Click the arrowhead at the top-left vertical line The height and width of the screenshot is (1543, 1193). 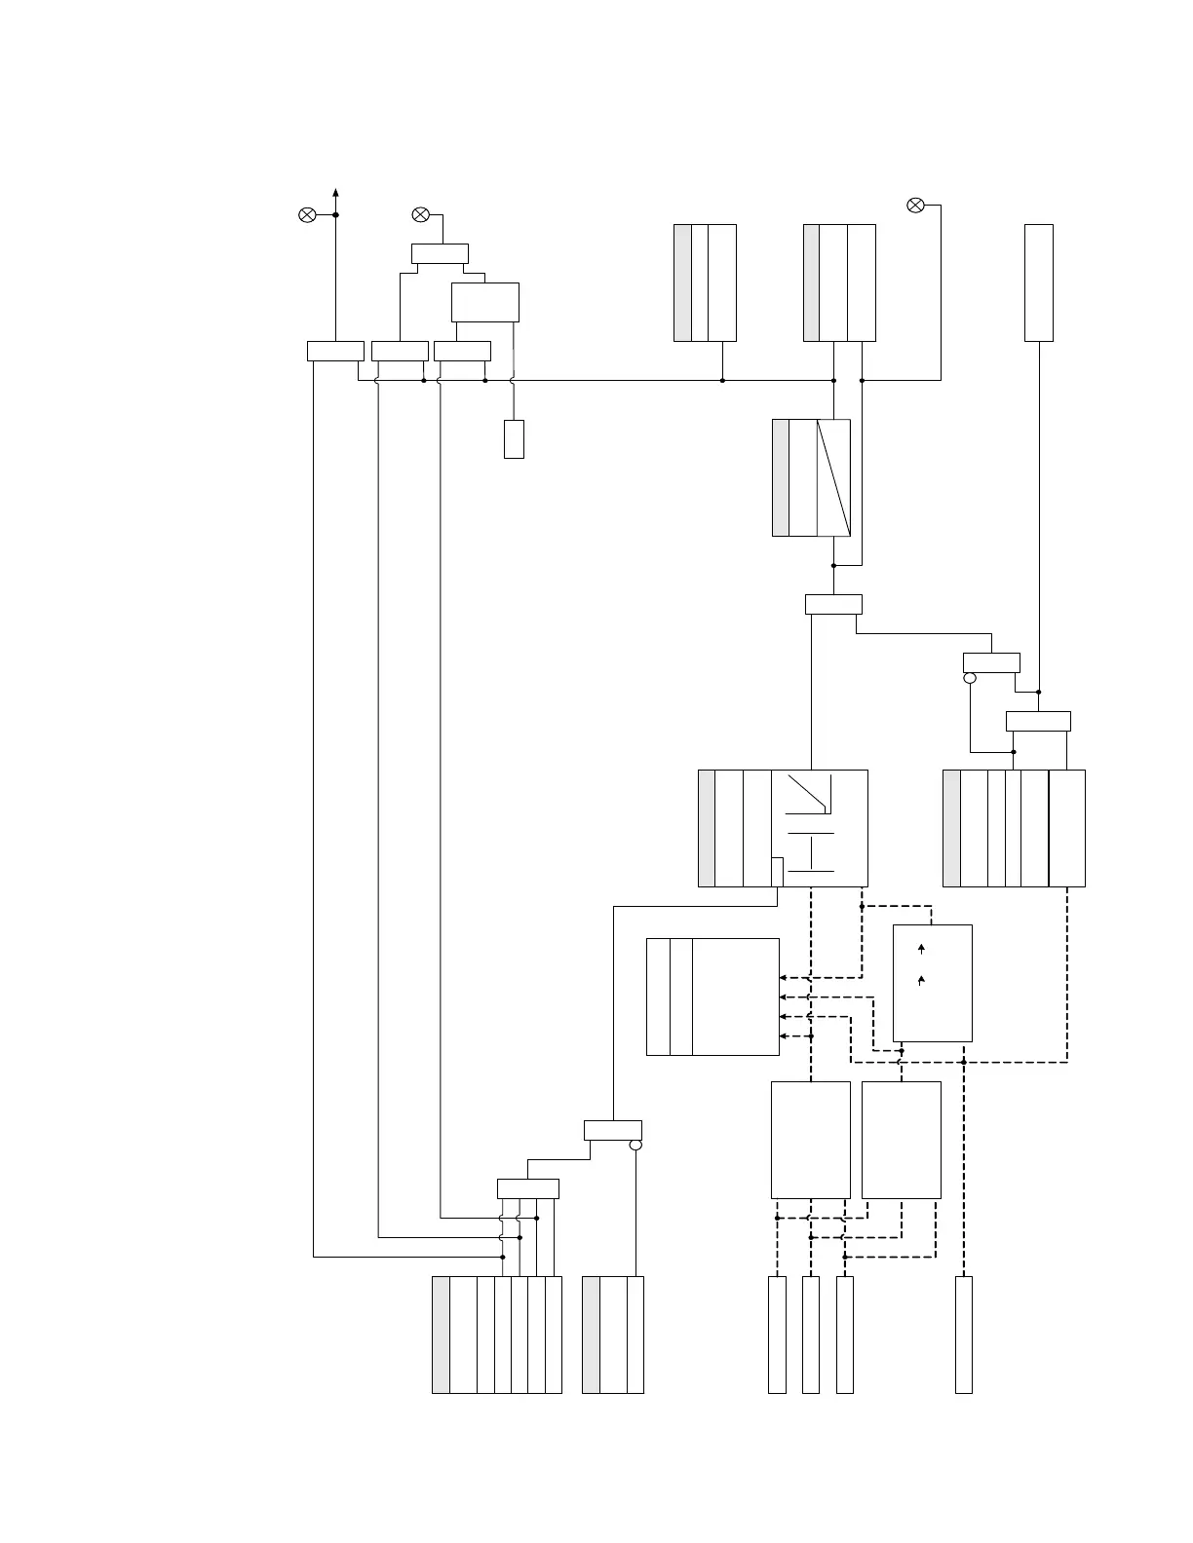[335, 192]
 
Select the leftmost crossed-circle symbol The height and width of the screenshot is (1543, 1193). [306, 214]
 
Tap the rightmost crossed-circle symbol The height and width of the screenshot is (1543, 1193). [915, 205]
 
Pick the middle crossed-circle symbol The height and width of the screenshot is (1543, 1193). [420, 214]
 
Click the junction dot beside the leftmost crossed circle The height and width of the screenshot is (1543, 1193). [335, 214]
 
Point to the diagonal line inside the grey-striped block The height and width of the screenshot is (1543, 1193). [833, 477]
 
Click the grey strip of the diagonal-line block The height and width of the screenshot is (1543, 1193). [781, 477]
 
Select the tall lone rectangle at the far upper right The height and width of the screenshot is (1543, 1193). [1039, 282]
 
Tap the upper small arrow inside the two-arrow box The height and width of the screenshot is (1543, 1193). [921, 948]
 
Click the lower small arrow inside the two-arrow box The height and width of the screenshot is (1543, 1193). [921, 982]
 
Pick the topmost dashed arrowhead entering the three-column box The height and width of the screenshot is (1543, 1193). [783, 977]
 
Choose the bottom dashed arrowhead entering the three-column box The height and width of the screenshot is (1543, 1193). [783, 1035]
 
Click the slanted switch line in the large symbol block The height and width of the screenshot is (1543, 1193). [807, 794]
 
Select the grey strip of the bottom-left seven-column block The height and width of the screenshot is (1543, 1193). [441, 1334]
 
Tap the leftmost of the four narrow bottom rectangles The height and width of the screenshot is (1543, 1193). [777, 1334]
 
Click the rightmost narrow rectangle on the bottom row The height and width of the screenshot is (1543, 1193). [963, 1334]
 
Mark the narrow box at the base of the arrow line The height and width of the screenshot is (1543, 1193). [335, 351]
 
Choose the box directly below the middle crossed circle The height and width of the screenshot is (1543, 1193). [440, 253]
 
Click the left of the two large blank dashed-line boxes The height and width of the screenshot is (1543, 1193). [810, 1139]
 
